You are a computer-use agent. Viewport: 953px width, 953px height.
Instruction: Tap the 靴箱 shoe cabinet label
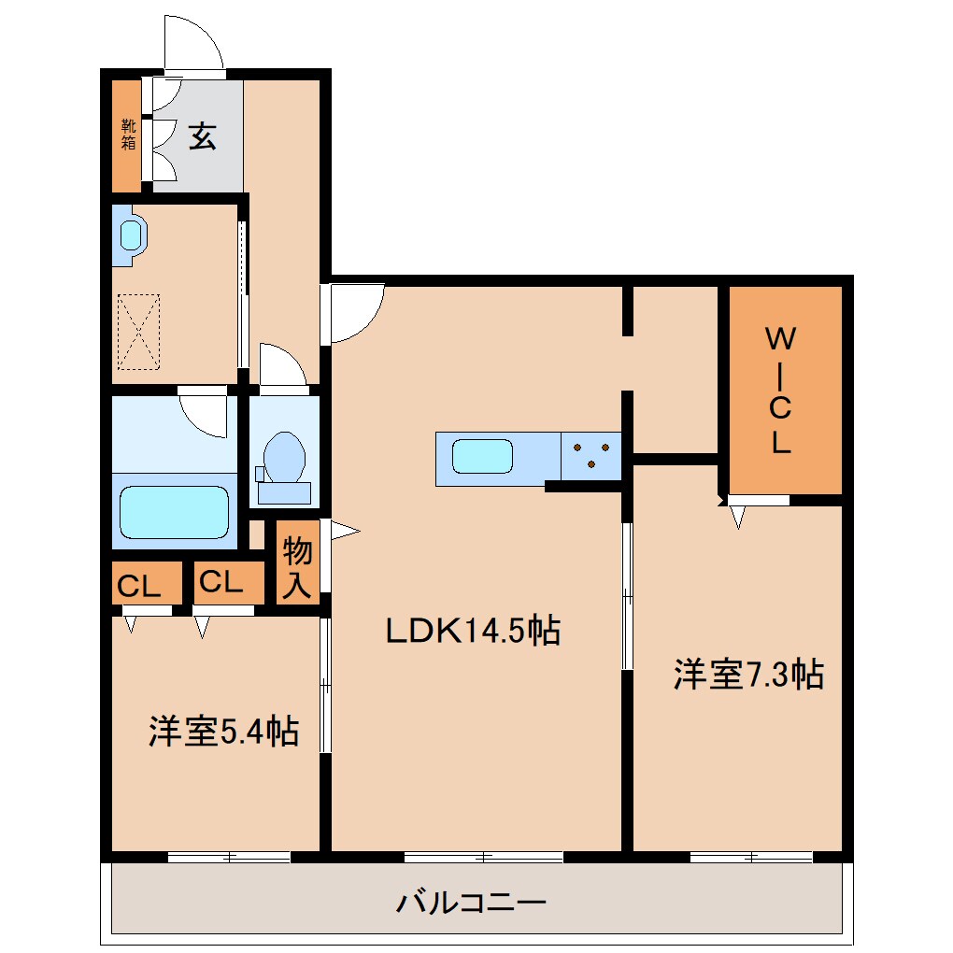tap(127, 135)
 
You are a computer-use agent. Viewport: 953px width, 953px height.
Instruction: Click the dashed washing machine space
tap(139, 332)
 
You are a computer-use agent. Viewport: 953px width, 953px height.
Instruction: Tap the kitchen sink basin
tap(482, 458)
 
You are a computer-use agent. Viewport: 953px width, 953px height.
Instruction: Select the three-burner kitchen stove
tap(590, 458)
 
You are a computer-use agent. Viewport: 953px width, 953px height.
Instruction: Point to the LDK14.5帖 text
tap(473, 633)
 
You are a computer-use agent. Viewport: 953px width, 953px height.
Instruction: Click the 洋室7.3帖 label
tap(748, 675)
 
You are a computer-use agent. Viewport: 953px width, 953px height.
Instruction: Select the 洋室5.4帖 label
tap(223, 732)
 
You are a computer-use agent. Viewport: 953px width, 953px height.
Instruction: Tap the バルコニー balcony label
tap(471, 903)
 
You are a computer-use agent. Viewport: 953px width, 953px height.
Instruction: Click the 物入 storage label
tap(297, 568)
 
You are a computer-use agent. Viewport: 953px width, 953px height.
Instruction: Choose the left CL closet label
tap(138, 587)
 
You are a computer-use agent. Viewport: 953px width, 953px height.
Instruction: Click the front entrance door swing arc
tap(193, 43)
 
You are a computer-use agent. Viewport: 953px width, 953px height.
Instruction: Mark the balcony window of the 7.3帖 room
tap(750, 856)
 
